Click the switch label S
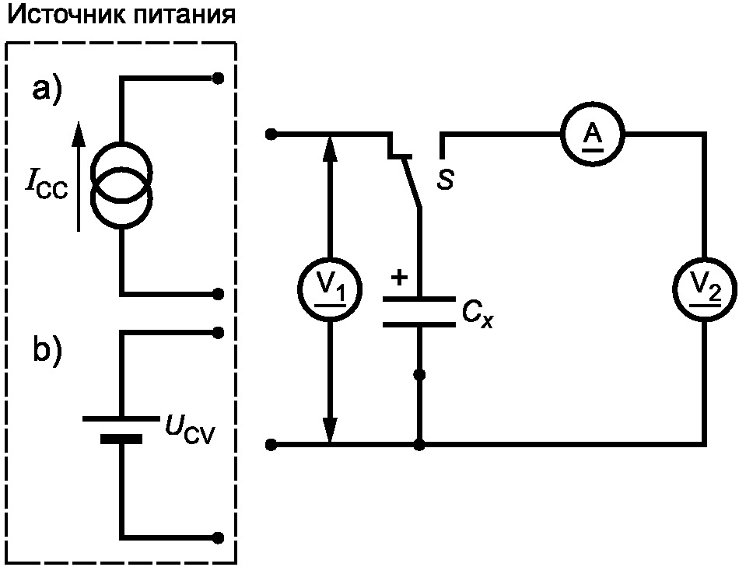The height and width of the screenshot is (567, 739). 446,179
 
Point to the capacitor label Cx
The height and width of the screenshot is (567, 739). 477,315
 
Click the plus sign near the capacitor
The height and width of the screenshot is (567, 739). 399,278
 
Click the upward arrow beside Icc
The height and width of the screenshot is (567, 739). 79,177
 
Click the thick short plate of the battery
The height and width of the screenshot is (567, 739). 121,439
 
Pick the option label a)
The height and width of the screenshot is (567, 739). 47,90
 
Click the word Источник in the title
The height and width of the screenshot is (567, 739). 66,15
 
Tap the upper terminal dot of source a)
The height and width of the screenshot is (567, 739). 218,79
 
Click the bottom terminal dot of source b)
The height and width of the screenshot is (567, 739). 219,537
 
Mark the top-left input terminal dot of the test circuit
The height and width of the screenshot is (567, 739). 271,135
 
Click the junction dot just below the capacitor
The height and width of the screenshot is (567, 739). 419,375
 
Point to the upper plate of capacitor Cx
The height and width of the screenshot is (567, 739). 419,299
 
